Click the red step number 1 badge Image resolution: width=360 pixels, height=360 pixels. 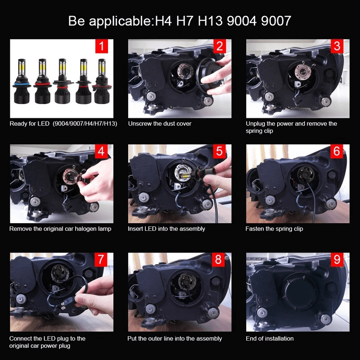pos(102,46)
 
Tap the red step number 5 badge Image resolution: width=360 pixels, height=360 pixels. pos(219,151)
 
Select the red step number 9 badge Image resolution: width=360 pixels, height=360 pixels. pos(337,260)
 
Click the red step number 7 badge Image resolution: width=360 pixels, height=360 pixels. pos(101,260)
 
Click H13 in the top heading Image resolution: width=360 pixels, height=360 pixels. pos(210,21)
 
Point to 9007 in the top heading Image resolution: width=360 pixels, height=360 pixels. pos(276,21)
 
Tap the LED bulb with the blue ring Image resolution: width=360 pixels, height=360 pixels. pos(22,81)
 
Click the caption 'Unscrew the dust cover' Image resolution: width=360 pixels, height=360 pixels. pos(160,124)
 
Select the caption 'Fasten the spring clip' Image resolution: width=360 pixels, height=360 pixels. pos(274,229)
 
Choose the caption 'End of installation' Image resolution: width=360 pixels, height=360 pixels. pos(270,338)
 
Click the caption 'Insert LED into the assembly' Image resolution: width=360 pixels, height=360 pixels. pos(166,229)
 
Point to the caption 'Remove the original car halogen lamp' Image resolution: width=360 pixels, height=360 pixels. pos(60,229)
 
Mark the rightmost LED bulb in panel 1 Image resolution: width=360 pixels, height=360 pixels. pos(102,81)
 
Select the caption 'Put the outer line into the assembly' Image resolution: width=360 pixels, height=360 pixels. pos(175,339)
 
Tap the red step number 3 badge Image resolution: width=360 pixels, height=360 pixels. pos(337,46)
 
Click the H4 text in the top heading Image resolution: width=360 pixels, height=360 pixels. pos(163,21)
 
